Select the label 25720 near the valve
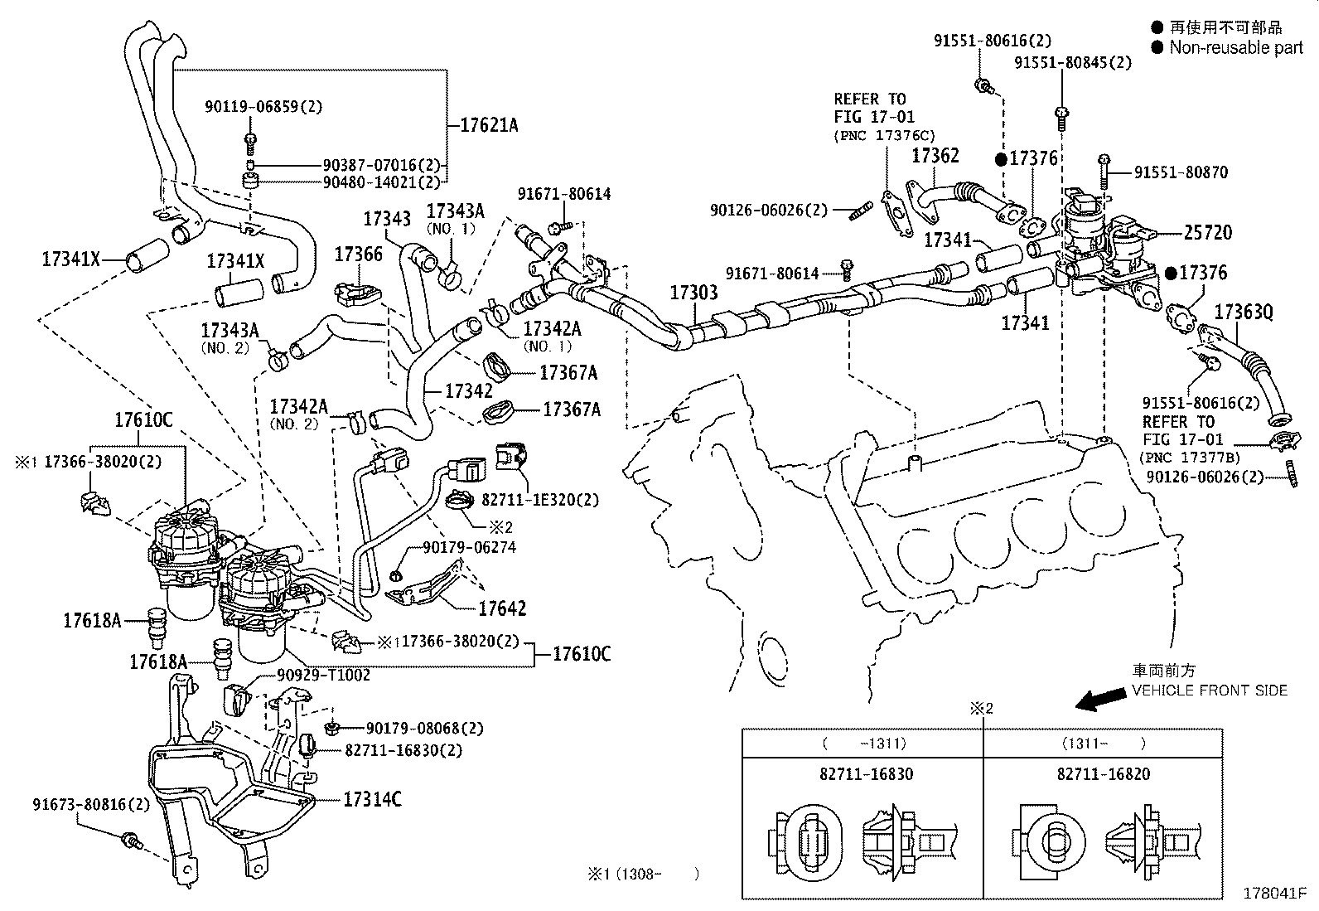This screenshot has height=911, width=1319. coord(1207,233)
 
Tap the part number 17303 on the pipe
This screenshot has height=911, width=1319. coord(693,293)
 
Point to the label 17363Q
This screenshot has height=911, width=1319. coord(1243,313)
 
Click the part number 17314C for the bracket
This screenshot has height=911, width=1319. coord(372,799)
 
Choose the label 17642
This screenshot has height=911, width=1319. coord(501,608)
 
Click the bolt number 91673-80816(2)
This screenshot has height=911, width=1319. coord(91,804)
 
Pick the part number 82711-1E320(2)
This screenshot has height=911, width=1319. coord(540,500)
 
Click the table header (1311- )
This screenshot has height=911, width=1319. coord(1102,744)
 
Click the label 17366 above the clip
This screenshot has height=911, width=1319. coord(359,254)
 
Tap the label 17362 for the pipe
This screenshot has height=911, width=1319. coord(935,156)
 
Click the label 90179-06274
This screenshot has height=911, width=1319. coord(469,548)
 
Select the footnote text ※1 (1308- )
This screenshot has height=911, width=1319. coord(643,873)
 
